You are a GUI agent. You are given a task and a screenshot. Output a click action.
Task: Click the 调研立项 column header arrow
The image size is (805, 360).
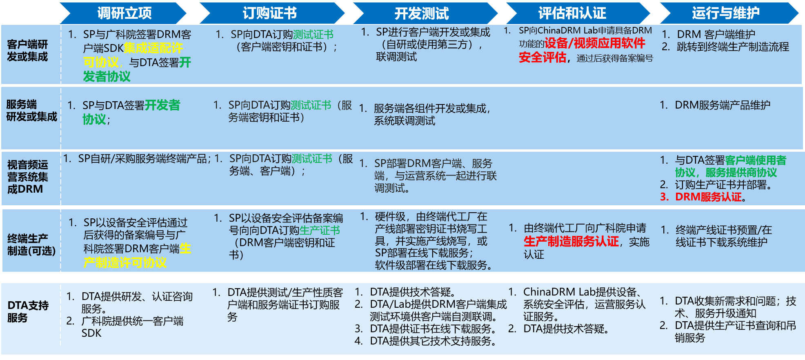tap(123, 13)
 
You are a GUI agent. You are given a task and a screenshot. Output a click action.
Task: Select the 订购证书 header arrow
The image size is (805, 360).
tap(271, 13)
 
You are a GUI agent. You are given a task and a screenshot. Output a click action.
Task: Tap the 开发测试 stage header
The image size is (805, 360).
tap(425, 13)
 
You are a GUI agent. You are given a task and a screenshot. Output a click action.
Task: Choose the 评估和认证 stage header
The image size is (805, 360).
tap(577, 13)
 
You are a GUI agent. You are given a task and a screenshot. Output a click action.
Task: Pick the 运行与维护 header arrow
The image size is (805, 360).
tap(729, 13)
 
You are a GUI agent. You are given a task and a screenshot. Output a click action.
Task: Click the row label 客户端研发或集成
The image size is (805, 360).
tap(27, 51)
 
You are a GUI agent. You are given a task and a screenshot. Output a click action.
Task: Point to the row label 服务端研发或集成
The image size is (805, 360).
tap(31, 111)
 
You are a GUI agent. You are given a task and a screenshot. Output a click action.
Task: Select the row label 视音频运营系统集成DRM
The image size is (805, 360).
tap(27, 177)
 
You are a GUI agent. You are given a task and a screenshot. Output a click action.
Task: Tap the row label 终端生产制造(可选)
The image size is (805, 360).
tap(31, 244)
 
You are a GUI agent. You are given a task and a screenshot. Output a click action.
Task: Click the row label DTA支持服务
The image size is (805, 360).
tap(28, 311)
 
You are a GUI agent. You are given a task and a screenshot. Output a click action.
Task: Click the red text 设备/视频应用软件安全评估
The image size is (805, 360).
tap(582, 50)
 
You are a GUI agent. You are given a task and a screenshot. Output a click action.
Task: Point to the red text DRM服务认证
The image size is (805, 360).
tap(708, 197)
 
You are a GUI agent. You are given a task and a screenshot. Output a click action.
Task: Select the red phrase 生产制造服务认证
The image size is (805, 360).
tap(571, 241)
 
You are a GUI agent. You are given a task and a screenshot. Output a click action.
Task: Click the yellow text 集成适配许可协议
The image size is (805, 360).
tap(133, 55)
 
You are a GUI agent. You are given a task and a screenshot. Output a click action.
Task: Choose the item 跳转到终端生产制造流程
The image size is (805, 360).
tap(733, 47)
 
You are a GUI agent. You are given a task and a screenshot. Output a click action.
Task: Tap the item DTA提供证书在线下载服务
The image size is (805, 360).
tap(433, 329)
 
